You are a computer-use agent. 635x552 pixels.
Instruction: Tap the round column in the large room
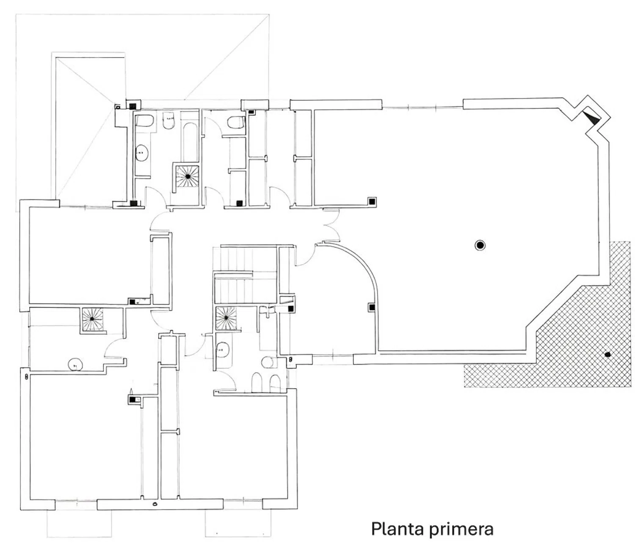pos(480,245)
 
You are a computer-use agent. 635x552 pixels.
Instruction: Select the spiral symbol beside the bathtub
pos(187,176)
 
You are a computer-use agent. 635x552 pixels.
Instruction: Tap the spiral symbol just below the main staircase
pos(226,318)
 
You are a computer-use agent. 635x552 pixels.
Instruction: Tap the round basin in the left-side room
pos(75,364)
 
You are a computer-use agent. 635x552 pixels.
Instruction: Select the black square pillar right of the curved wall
pos(372,307)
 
